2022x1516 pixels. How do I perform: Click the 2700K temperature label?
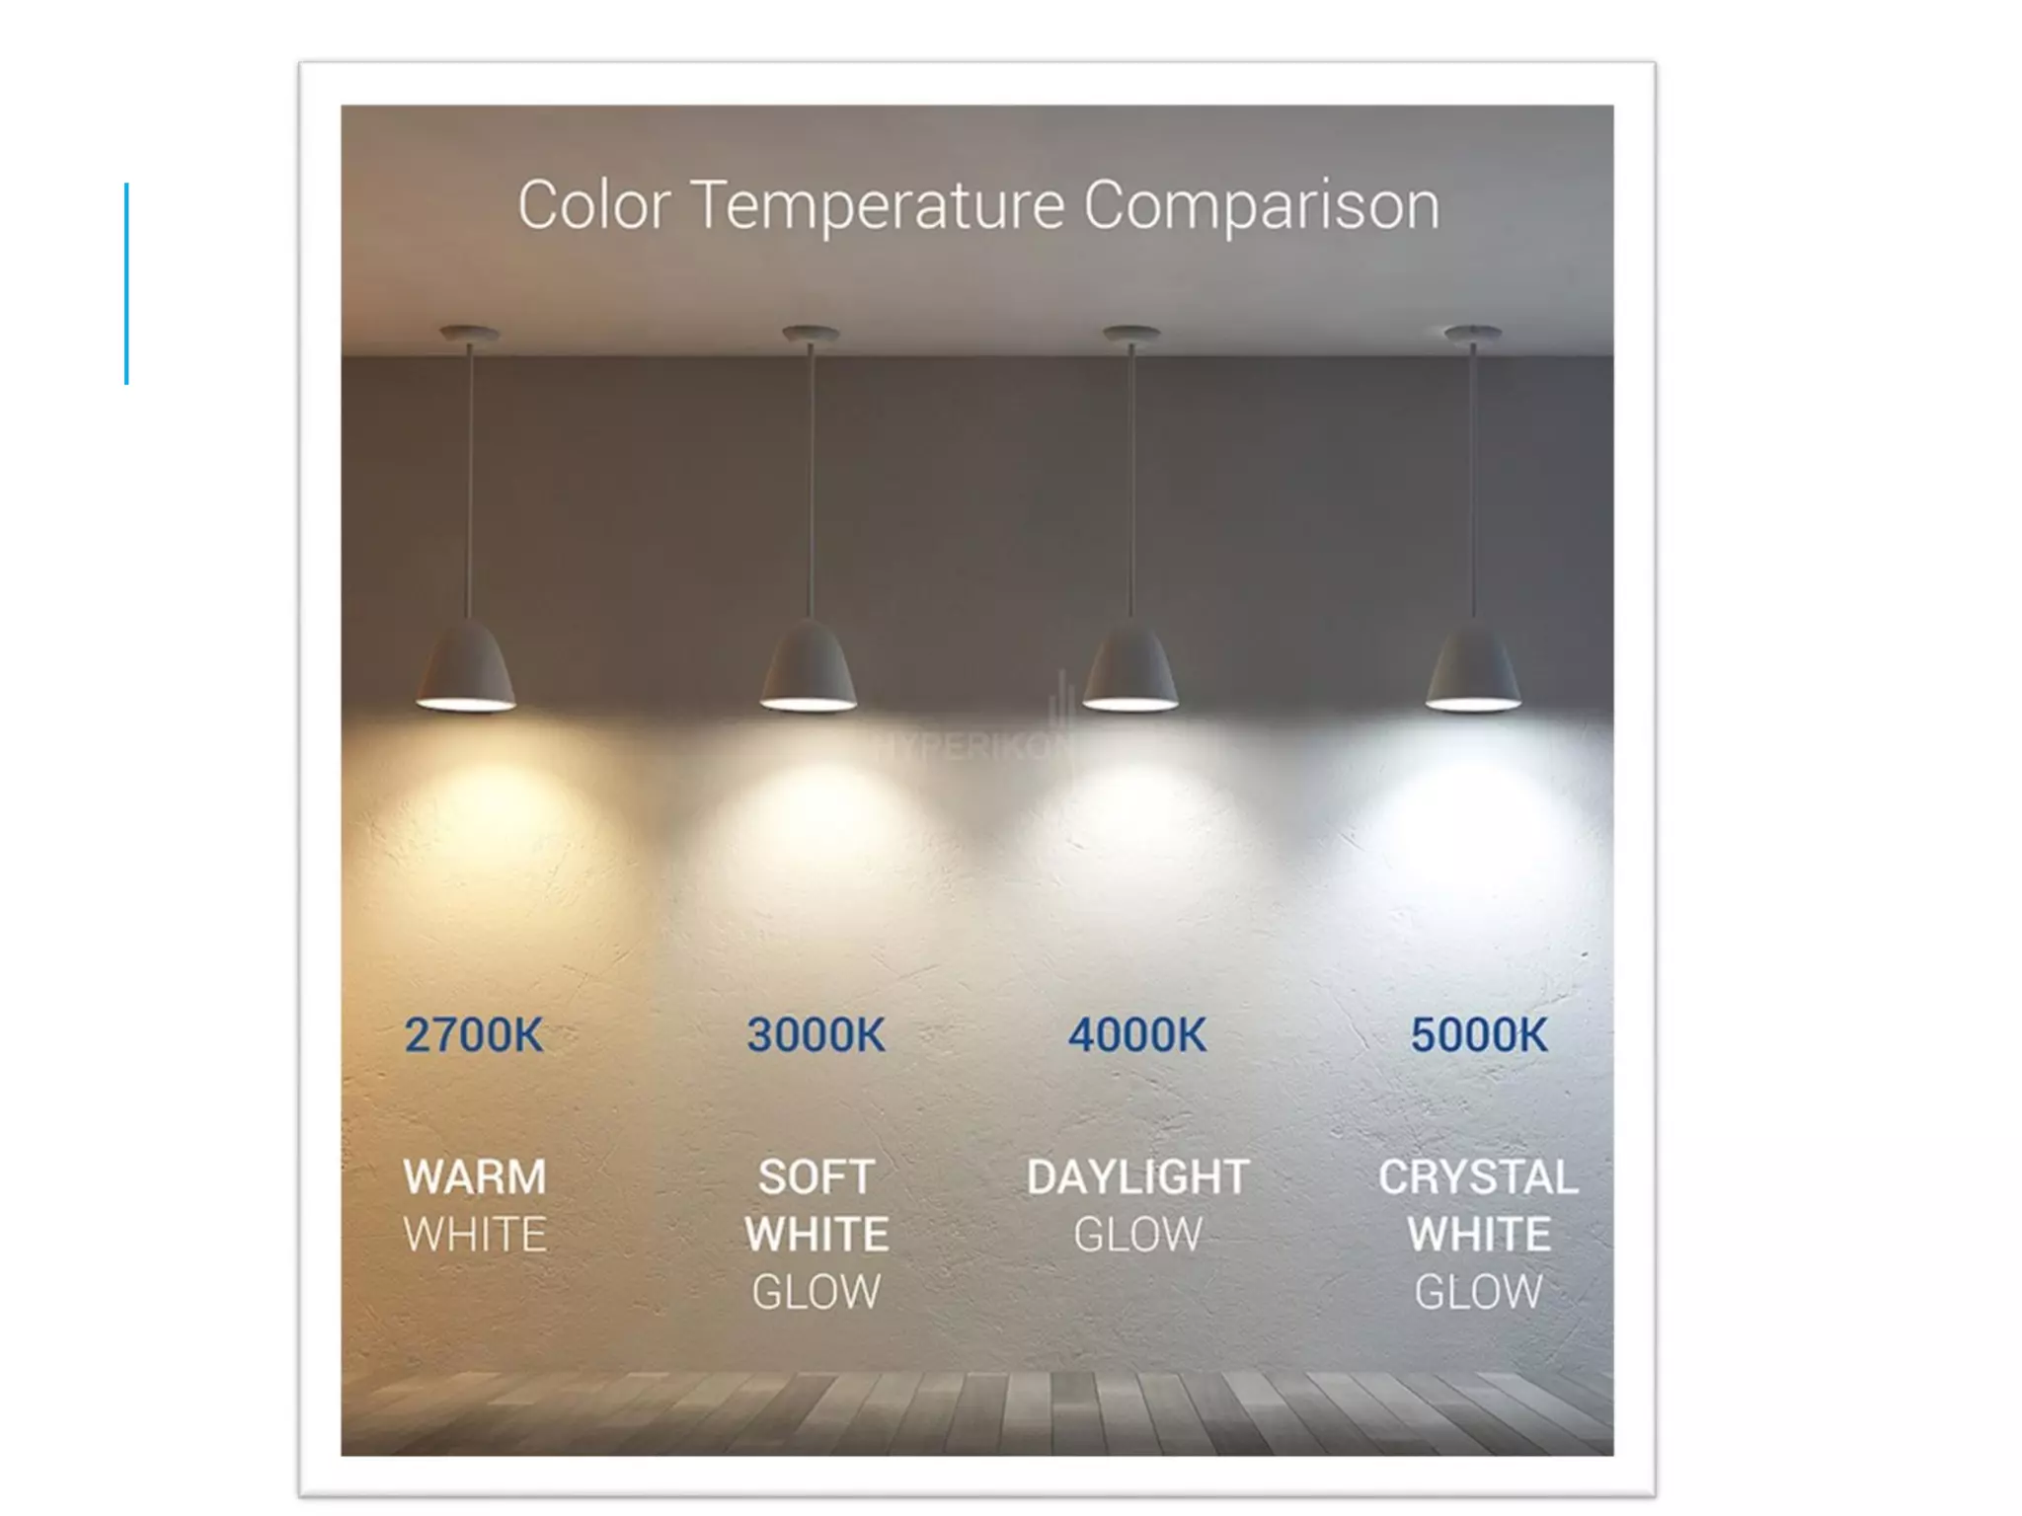(474, 1035)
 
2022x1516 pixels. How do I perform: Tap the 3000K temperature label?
(816, 1035)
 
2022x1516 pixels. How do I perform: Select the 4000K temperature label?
(1137, 1035)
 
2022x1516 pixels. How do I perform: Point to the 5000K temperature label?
(1479, 1035)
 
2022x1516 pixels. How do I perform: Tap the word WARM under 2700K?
(475, 1176)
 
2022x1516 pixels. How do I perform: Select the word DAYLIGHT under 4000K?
(1137, 1176)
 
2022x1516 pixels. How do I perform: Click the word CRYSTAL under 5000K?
(1478, 1176)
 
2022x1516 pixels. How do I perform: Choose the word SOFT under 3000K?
(816, 1176)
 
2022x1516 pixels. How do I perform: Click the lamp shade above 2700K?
(466, 666)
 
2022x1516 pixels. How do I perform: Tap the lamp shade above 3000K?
(809, 666)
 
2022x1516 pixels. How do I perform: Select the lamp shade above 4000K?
(1130, 666)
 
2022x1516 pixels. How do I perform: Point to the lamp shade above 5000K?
(1473, 666)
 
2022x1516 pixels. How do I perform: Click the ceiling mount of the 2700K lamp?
(469, 334)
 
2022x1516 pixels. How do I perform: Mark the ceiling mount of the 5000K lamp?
(1473, 334)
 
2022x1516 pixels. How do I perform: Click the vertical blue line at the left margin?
(126, 283)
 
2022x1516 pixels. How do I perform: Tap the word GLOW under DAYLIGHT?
(1137, 1235)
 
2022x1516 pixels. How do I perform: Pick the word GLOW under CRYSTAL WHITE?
(1478, 1292)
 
